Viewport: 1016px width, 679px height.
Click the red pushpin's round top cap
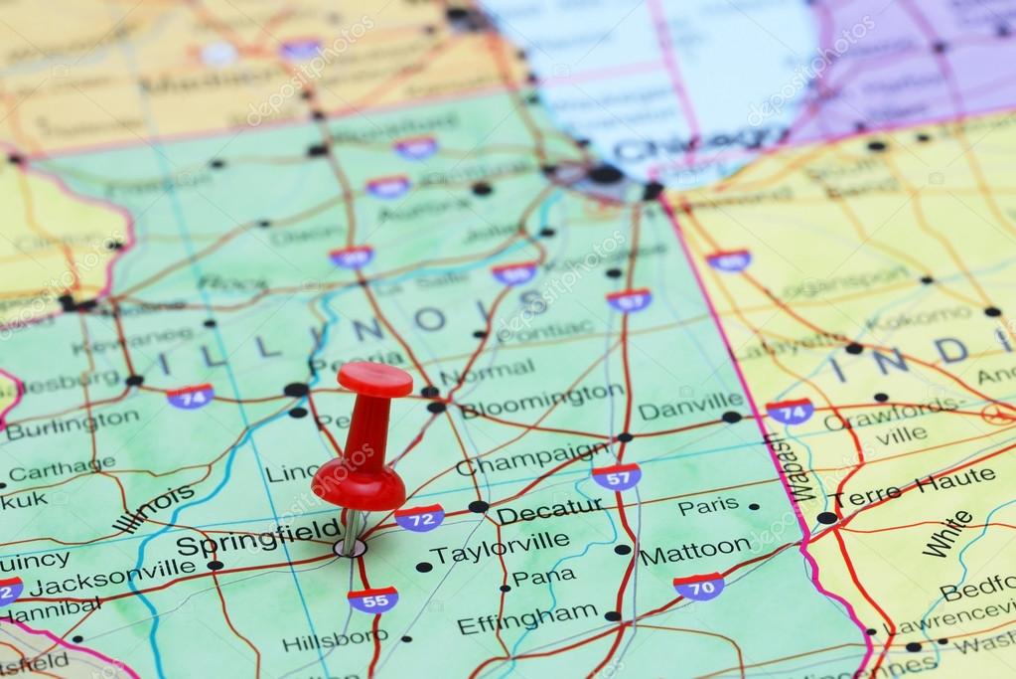(x=374, y=379)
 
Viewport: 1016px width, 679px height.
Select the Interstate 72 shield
(x=419, y=518)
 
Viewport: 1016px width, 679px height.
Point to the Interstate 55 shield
(x=372, y=598)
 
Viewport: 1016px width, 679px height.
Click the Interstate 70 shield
(x=698, y=586)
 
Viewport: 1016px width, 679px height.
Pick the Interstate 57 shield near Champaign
(x=616, y=476)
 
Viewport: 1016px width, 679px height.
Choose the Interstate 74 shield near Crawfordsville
(x=790, y=411)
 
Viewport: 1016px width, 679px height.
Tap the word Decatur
(x=549, y=511)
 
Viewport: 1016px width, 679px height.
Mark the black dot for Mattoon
(x=622, y=549)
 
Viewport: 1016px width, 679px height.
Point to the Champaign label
(x=532, y=457)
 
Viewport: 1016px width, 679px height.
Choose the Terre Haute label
(x=914, y=487)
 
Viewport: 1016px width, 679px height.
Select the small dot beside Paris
(x=754, y=506)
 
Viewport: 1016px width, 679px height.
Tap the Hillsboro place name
(x=334, y=640)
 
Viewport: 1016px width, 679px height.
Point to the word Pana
(x=543, y=577)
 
